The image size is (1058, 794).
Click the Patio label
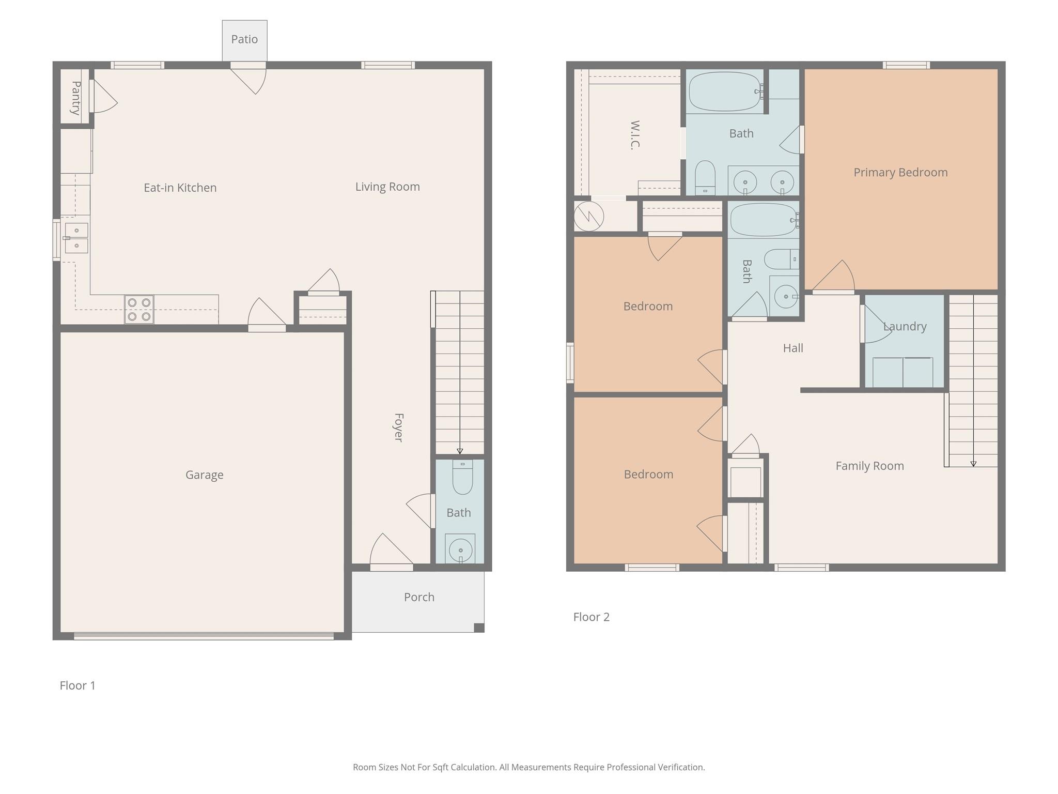[244, 39]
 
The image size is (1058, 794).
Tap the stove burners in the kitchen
[139, 310]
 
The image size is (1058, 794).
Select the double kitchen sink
[76, 238]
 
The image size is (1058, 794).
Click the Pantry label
[76, 98]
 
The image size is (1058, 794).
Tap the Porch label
[419, 597]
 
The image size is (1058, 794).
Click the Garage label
[205, 475]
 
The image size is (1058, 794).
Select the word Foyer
[398, 427]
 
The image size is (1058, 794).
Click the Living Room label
[387, 187]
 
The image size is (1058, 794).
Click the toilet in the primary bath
[705, 178]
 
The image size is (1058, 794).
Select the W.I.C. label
[635, 134]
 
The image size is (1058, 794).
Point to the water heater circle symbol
[588, 216]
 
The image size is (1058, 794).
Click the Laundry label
[905, 326]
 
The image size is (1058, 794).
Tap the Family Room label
[870, 466]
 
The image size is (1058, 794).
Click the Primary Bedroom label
[900, 172]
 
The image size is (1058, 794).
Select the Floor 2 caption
[592, 617]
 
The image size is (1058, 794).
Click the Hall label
[793, 348]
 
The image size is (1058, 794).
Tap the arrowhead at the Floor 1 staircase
[460, 451]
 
